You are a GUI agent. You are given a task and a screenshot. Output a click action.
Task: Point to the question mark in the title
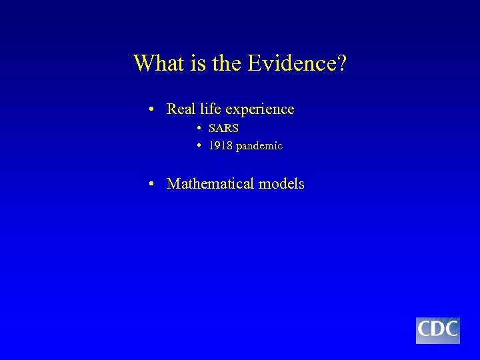point(343,63)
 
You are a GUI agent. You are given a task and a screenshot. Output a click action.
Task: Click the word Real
point(181,108)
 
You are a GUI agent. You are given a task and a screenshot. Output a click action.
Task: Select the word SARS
point(223,127)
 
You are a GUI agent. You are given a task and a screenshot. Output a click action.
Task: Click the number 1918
point(220,145)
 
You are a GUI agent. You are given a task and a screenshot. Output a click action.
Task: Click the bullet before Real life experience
point(153,109)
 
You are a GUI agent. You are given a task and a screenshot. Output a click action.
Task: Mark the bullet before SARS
point(199,127)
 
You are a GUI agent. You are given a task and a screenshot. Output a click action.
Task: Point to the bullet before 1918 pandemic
point(199,145)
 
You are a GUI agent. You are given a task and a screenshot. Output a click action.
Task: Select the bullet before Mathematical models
point(153,183)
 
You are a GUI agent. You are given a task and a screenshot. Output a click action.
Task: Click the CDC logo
point(438,331)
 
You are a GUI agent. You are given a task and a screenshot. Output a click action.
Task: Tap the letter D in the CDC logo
point(438,329)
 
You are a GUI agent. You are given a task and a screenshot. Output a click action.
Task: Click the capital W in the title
point(143,63)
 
